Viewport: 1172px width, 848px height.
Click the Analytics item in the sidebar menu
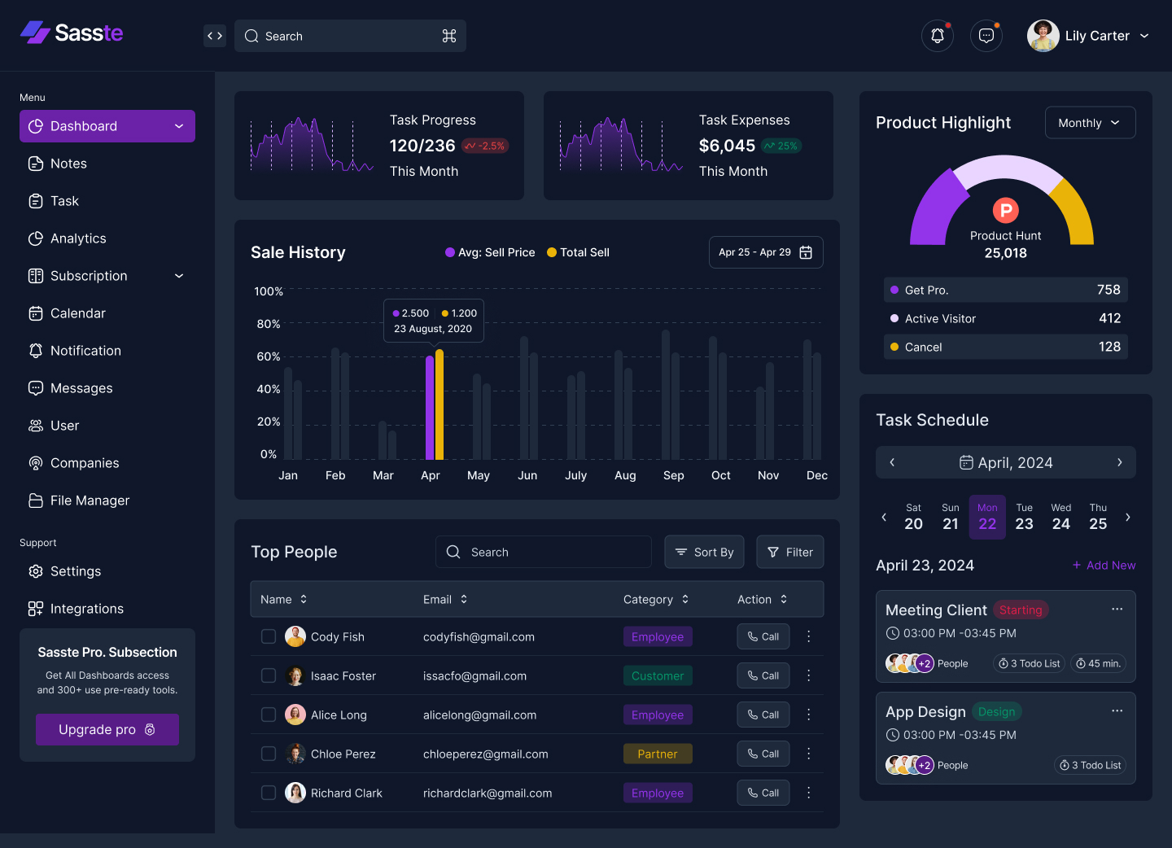tap(78, 238)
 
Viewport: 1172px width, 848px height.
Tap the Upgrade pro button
tap(107, 729)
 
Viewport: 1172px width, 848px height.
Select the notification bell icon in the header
tap(938, 36)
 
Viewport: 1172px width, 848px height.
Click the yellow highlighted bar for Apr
tap(439, 404)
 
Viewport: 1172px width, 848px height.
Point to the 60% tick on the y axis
tap(269, 356)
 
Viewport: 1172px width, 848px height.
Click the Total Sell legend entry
tap(578, 252)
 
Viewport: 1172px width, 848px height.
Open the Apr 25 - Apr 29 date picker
tap(765, 252)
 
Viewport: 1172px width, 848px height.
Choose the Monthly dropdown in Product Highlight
tap(1090, 123)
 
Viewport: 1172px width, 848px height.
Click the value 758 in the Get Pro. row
tap(1109, 290)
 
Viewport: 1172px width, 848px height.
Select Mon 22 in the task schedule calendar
tap(987, 517)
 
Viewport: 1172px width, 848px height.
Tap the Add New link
tap(1104, 565)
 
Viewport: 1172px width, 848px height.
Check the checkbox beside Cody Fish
tap(269, 636)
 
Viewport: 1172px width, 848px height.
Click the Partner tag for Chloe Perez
tap(658, 754)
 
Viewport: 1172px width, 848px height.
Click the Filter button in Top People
tap(789, 552)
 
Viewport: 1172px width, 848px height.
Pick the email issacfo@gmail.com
tap(474, 675)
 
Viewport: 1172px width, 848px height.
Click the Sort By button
tap(704, 552)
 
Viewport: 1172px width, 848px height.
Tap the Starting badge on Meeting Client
tap(1021, 610)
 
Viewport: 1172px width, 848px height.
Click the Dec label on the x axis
tap(816, 475)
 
